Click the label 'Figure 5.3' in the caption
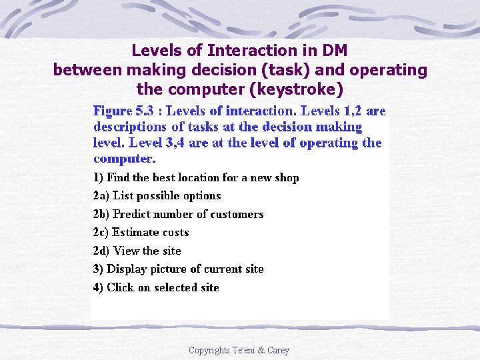coord(120,111)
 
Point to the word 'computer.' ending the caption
coord(125,159)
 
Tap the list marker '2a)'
coord(101,195)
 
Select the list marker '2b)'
coord(101,214)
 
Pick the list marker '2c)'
coord(101,232)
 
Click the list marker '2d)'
coord(101,251)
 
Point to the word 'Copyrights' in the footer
coord(209,350)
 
